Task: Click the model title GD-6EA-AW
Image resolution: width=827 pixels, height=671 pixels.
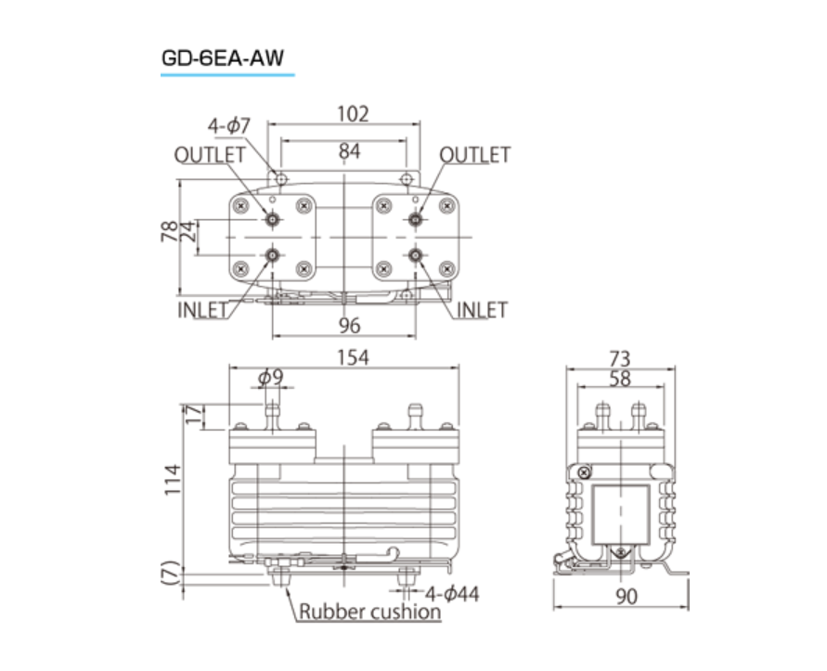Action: (223, 58)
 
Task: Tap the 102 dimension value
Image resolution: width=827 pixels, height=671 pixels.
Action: (353, 114)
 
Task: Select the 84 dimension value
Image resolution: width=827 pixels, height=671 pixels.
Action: (349, 151)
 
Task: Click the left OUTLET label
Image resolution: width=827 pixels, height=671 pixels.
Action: (210, 155)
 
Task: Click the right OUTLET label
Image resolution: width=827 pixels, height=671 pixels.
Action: (474, 155)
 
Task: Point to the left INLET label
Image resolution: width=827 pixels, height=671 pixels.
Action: (202, 310)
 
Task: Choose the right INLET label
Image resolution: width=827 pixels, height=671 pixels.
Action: (482, 310)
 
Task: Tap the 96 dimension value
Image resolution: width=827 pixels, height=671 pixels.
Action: (349, 326)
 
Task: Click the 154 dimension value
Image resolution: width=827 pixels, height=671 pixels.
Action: (353, 357)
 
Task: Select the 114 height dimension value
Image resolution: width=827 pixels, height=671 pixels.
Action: (173, 480)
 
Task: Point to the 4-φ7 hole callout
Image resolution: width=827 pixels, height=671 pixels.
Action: (229, 126)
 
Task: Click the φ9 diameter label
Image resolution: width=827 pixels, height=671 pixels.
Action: (271, 377)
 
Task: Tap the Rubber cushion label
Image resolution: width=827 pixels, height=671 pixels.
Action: (369, 612)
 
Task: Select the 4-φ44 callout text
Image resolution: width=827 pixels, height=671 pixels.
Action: (452, 595)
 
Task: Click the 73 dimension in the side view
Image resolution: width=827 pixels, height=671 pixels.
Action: (620, 359)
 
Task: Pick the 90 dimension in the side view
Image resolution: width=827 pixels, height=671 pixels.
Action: (627, 597)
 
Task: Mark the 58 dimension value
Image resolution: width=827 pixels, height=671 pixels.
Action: (620, 379)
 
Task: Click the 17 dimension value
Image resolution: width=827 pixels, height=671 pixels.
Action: (194, 416)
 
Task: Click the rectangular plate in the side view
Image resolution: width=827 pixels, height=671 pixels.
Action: (621, 515)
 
